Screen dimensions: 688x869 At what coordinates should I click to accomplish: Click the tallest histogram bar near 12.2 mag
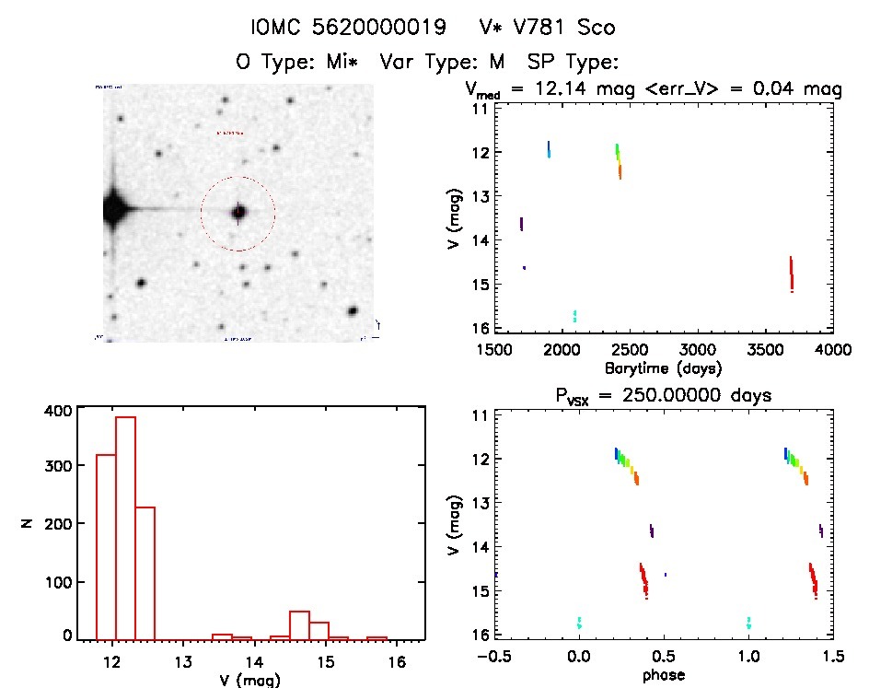coord(125,526)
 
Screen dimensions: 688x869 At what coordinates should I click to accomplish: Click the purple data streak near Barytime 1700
coord(522,224)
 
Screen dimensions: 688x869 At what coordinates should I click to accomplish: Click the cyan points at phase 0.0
coord(579,623)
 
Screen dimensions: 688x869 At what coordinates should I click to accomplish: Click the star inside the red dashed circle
coord(238,213)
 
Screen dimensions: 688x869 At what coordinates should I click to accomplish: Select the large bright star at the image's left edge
coord(113,210)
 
